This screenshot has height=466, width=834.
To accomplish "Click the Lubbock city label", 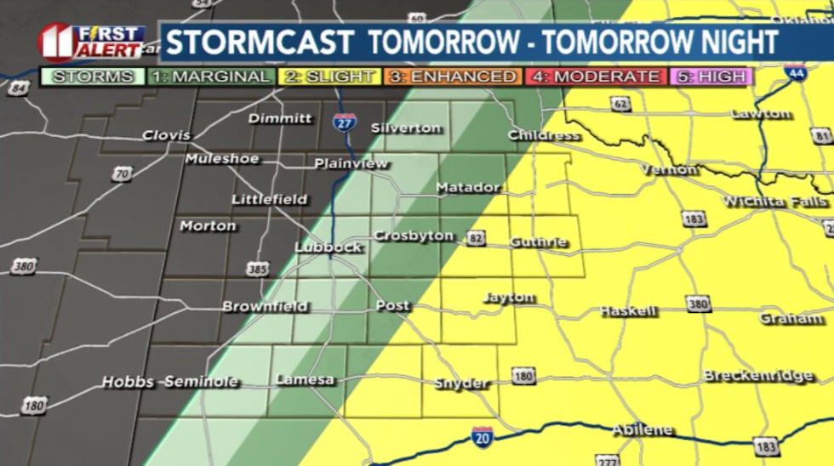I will tap(328, 247).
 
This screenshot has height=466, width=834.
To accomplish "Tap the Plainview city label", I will tap(351, 163).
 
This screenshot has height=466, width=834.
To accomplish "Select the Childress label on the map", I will tap(544, 135).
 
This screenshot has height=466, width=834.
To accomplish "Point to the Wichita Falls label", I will tap(774, 202).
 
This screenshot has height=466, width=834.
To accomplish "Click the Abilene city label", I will tap(643, 430).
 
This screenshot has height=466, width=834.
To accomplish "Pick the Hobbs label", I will tap(128, 383).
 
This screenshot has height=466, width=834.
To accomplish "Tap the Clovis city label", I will tap(167, 135).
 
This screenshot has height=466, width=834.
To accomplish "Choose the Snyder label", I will tap(462, 384).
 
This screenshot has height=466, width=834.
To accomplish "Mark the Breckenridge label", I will tap(758, 376).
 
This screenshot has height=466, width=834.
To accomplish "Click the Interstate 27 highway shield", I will tap(345, 121).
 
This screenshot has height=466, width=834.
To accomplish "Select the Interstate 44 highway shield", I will tap(795, 71).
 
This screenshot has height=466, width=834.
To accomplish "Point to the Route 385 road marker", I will tap(257, 270).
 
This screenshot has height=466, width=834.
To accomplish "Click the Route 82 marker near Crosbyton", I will tap(475, 239).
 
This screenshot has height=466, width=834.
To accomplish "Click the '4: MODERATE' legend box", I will tap(597, 77).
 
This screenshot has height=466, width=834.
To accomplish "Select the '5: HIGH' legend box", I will tap(711, 77).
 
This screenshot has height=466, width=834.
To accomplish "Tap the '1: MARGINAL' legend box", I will tap(209, 77).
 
